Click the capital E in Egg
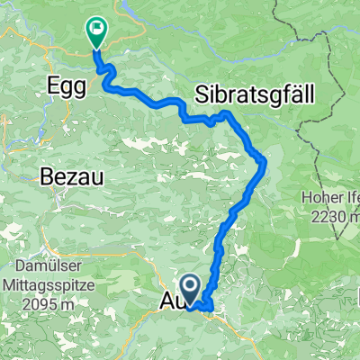tap(51, 87)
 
